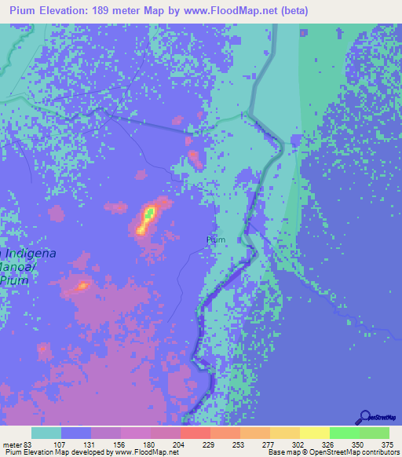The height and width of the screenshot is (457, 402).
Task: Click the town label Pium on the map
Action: pos(215,239)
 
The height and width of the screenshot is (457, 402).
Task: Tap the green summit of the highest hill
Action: pos(149,212)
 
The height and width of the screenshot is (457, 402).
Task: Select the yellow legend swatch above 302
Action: pos(285,433)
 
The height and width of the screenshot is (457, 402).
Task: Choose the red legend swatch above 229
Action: pos(196,433)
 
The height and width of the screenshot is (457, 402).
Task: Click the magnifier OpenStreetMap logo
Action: pos(366,417)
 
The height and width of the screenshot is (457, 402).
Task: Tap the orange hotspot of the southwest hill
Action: pos(82,286)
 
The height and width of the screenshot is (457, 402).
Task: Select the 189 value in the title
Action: pos(118,11)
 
